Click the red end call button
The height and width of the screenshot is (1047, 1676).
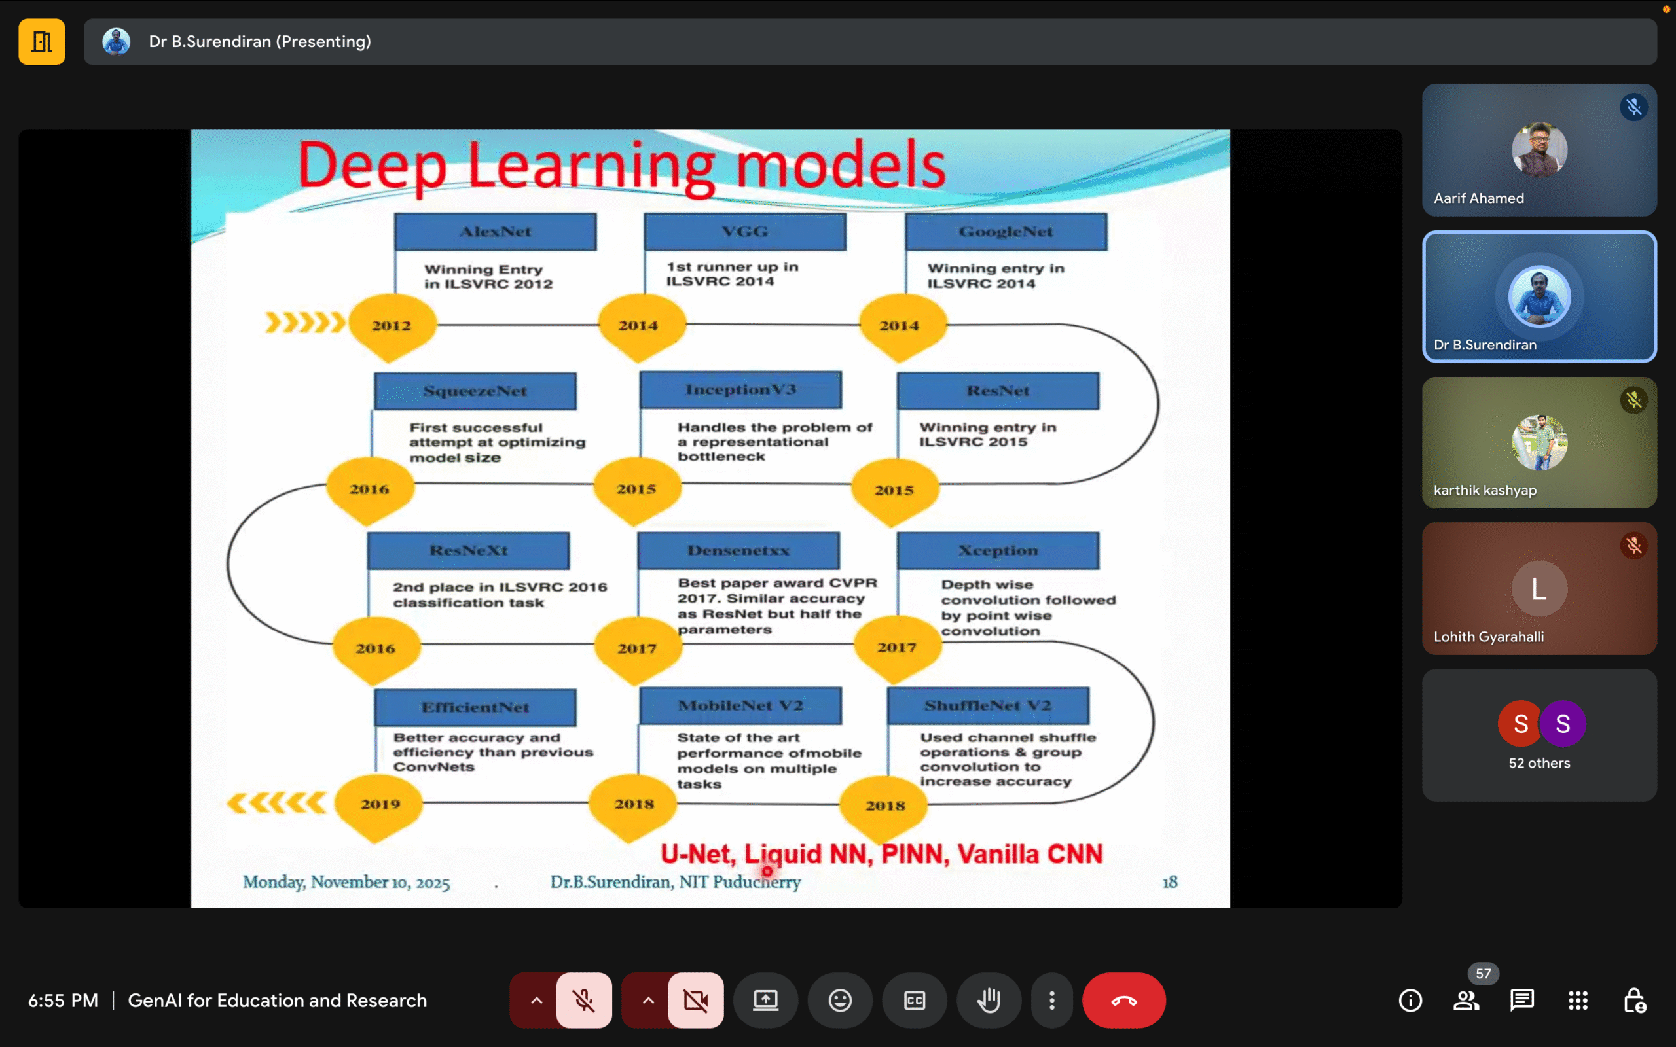coord(1123,1000)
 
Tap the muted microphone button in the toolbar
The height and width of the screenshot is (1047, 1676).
coord(584,1000)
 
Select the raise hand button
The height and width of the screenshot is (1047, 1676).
coord(989,1000)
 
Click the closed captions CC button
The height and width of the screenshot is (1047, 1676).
coord(914,1000)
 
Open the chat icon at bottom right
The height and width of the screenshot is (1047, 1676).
coord(1521,1000)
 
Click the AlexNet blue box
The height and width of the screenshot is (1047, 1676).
coord(495,231)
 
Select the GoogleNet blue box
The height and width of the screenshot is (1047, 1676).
coord(1006,231)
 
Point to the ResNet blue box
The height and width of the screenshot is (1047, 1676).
coord(997,391)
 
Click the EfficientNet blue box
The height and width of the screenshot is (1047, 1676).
coord(475,707)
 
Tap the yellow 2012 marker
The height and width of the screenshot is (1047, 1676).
coord(392,325)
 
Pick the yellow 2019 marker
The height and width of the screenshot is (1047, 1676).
coord(380,804)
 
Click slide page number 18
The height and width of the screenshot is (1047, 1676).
coord(1170,881)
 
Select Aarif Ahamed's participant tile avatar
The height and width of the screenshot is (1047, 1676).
coord(1539,150)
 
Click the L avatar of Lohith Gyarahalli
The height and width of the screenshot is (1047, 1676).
coord(1539,588)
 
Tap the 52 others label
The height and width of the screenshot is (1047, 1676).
coord(1539,763)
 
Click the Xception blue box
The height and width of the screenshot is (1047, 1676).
coord(997,550)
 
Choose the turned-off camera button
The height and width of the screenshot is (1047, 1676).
coord(695,1000)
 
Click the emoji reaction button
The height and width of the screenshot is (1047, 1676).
coord(839,1000)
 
